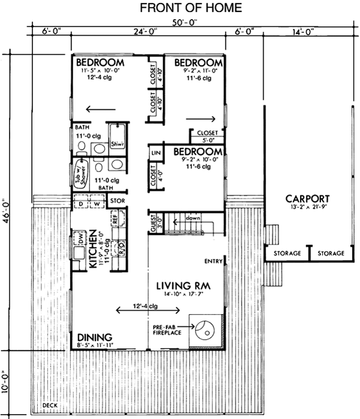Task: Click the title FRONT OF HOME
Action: click(182, 8)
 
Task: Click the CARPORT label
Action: click(307, 199)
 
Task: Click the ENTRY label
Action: click(213, 261)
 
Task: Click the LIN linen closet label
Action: click(155, 153)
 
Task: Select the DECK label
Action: click(52, 405)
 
